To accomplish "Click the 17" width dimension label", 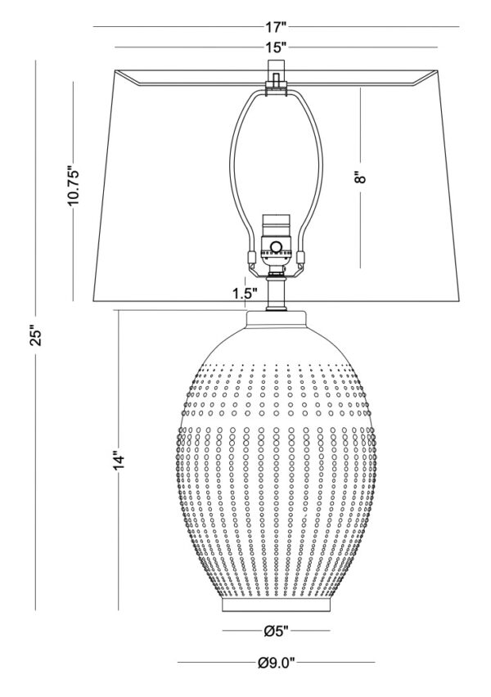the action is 276,27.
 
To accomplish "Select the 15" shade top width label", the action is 276,47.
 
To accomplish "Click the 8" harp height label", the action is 361,178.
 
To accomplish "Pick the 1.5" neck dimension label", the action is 245,294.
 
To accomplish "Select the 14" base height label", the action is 119,460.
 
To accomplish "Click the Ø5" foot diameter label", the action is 277,630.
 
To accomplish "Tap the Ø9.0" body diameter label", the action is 277,663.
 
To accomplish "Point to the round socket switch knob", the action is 277,247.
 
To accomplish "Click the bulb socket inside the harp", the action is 276,240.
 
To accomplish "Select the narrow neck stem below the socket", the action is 276,293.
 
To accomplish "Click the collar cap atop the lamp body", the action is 277,320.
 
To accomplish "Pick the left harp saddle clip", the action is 251,258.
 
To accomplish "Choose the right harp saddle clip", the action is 301,258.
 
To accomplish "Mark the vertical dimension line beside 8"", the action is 361,178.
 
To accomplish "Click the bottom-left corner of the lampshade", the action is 93,301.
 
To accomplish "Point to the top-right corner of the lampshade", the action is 438,70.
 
